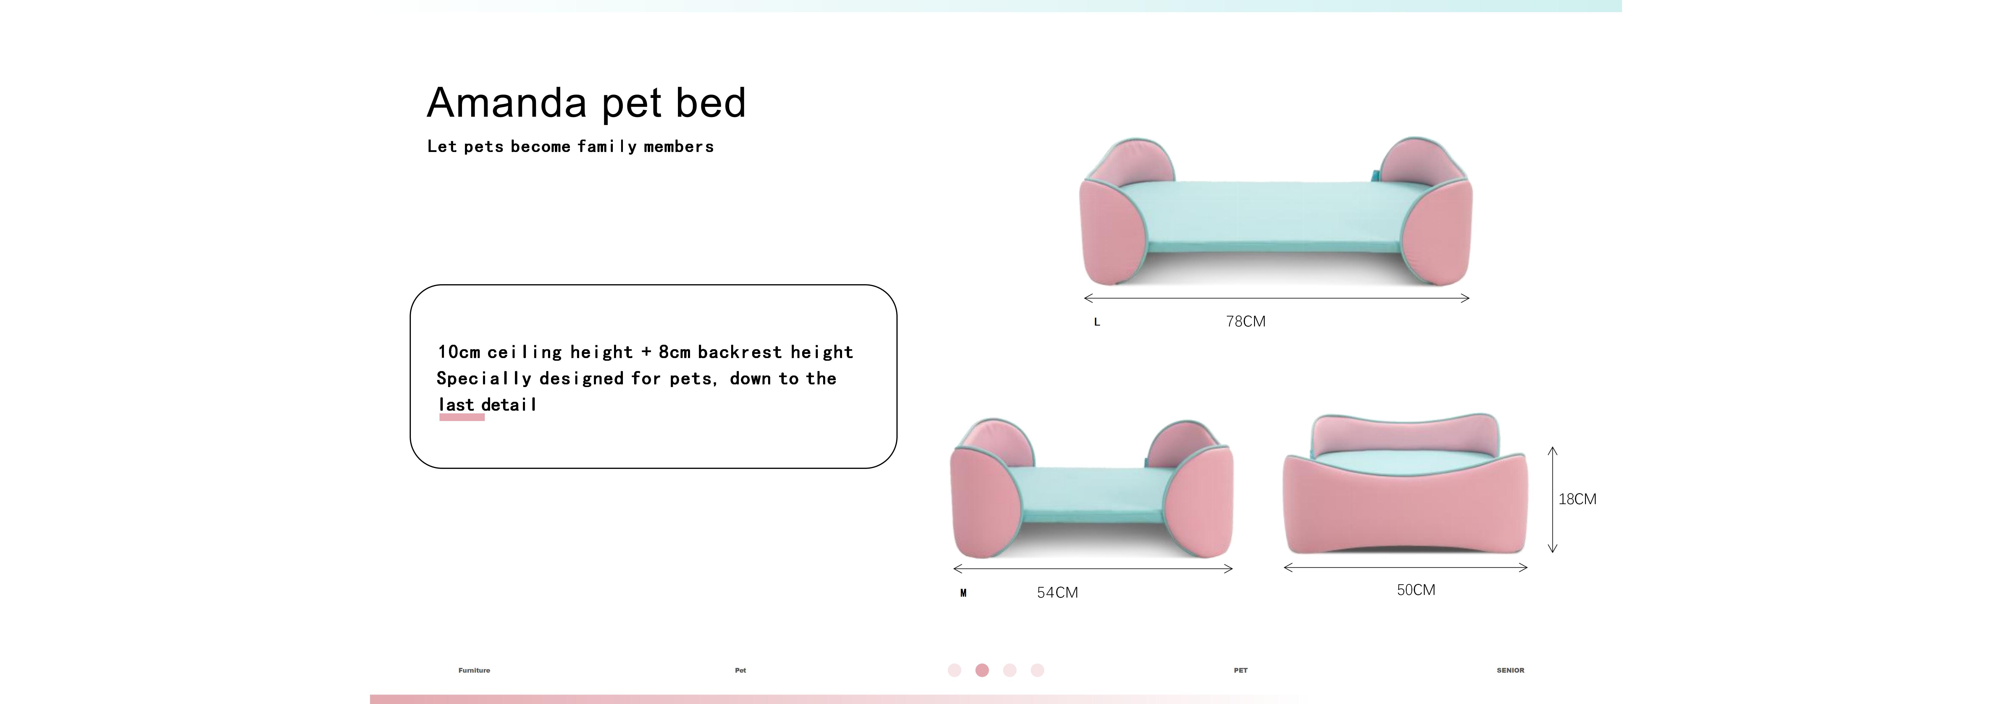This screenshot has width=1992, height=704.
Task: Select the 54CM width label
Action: [x=1057, y=593]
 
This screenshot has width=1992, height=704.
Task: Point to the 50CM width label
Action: [x=1415, y=590]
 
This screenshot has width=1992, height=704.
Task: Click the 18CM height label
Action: [x=1577, y=499]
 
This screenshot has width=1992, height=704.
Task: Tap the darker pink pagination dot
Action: [x=982, y=670]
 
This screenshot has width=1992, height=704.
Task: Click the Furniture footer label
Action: [x=474, y=670]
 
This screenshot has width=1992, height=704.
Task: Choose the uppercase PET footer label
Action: [x=1240, y=670]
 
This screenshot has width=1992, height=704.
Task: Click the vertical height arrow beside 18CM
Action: [x=1552, y=499]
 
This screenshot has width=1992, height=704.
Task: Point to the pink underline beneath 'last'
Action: [x=462, y=417]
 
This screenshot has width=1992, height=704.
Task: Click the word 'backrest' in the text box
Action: [x=739, y=352]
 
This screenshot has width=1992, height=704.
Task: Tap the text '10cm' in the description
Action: [x=458, y=352]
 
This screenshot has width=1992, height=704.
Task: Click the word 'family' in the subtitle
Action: [x=606, y=147]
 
